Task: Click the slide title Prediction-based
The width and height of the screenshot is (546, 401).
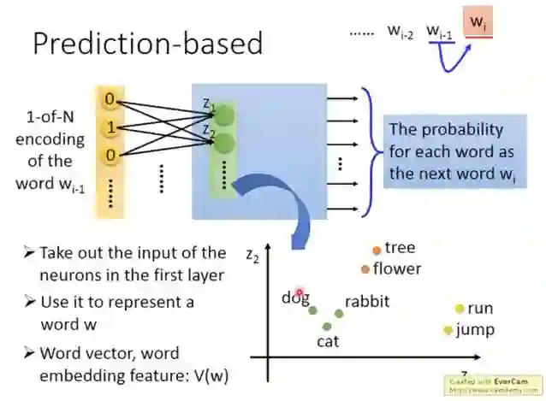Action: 147,44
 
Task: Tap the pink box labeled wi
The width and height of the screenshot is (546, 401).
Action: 478,23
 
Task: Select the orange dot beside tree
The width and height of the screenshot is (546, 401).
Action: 377,251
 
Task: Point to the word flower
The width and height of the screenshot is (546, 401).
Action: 397,268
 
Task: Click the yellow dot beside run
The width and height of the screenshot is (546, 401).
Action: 460,309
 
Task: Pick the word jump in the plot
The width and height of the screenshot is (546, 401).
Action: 475,329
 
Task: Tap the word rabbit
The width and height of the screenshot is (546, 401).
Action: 366,301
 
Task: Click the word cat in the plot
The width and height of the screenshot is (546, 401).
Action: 329,340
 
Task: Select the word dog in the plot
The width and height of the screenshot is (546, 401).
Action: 295,298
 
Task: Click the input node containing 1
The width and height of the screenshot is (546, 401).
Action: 109,128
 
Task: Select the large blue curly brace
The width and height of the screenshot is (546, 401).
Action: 370,150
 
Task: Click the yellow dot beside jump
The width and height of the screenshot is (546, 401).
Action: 448,330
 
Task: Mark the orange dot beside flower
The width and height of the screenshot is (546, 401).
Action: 365,268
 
